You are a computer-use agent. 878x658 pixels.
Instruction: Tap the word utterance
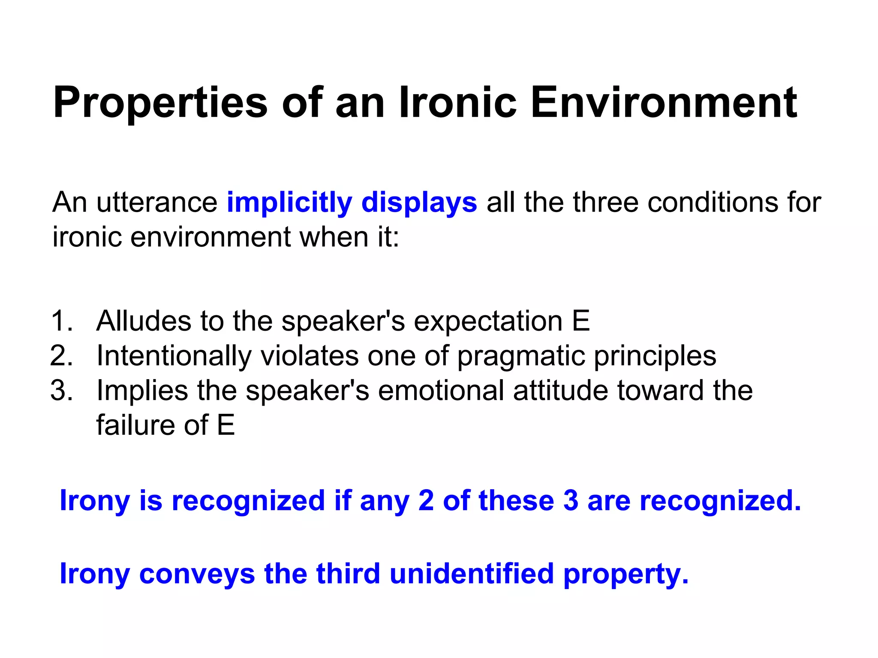tap(157, 202)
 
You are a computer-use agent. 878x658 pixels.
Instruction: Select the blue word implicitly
tap(289, 202)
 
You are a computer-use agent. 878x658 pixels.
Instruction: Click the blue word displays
tap(419, 202)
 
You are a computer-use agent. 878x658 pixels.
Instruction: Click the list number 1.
tap(62, 321)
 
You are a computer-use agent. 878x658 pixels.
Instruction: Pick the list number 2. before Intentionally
tap(62, 356)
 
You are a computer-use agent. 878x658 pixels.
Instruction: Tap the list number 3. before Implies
tap(62, 390)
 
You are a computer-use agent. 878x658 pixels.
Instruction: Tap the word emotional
tap(441, 390)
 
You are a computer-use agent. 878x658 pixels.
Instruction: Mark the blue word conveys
tap(197, 574)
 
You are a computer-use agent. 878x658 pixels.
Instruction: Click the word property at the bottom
tap(625, 574)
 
